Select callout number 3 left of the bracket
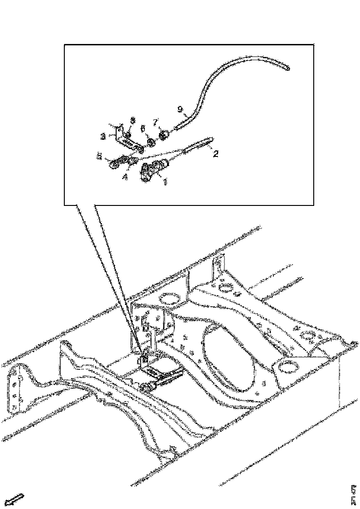pyautogui.click(x=103, y=137)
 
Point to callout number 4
pyautogui.click(x=125, y=176)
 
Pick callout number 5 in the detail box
pyautogui.click(x=99, y=157)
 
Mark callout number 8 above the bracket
pyautogui.click(x=132, y=120)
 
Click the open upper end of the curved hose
pyautogui.click(x=288, y=68)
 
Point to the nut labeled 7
pyautogui.click(x=165, y=135)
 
